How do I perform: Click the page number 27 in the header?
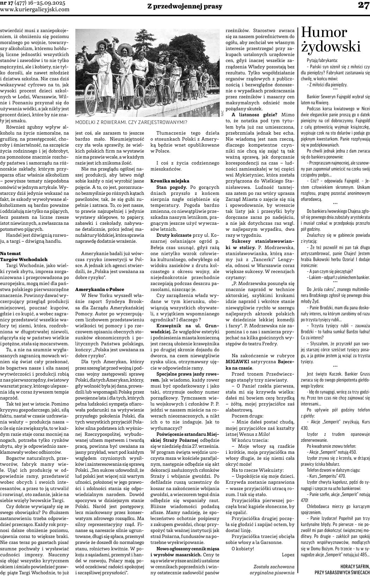pos(363,5)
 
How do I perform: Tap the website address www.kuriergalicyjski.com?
pos(35,10)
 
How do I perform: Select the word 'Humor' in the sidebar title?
pos(324,33)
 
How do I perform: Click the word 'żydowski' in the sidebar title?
pos(331,47)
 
